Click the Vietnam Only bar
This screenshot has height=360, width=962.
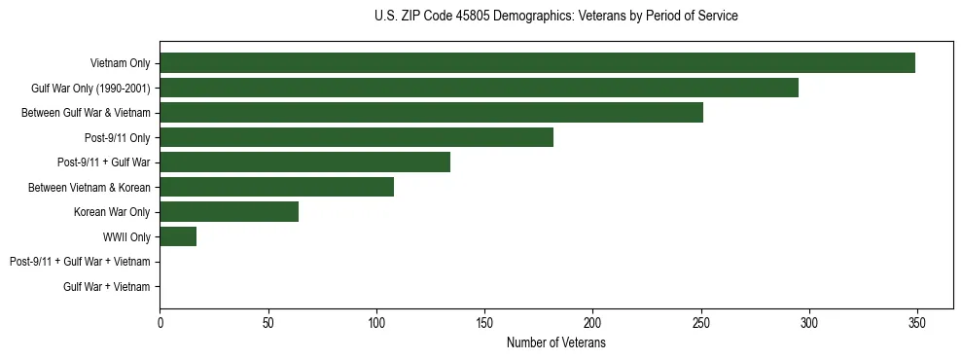[x=537, y=63]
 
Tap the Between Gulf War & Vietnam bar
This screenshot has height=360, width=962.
[x=431, y=113]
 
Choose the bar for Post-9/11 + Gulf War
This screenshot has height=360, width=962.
[x=304, y=162]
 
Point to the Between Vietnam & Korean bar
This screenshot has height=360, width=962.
[x=276, y=187]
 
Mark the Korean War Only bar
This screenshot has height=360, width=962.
[x=229, y=212]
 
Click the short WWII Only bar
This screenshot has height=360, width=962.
[x=178, y=236]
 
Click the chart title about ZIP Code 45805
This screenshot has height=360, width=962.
[x=555, y=17]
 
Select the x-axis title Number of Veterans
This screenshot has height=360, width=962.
[x=555, y=343]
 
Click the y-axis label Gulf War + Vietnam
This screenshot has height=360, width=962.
[x=106, y=286]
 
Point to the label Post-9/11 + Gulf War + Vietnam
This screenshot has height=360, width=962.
[x=80, y=262]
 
